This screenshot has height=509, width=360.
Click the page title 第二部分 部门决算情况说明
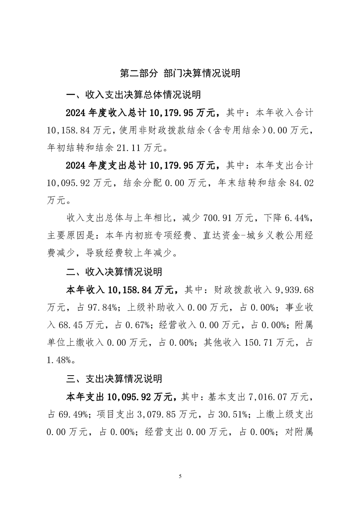(180, 73)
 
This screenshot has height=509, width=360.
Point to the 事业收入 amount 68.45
(72, 325)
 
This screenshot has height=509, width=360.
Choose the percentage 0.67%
(125, 325)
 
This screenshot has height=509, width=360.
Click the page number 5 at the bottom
(180, 476)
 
